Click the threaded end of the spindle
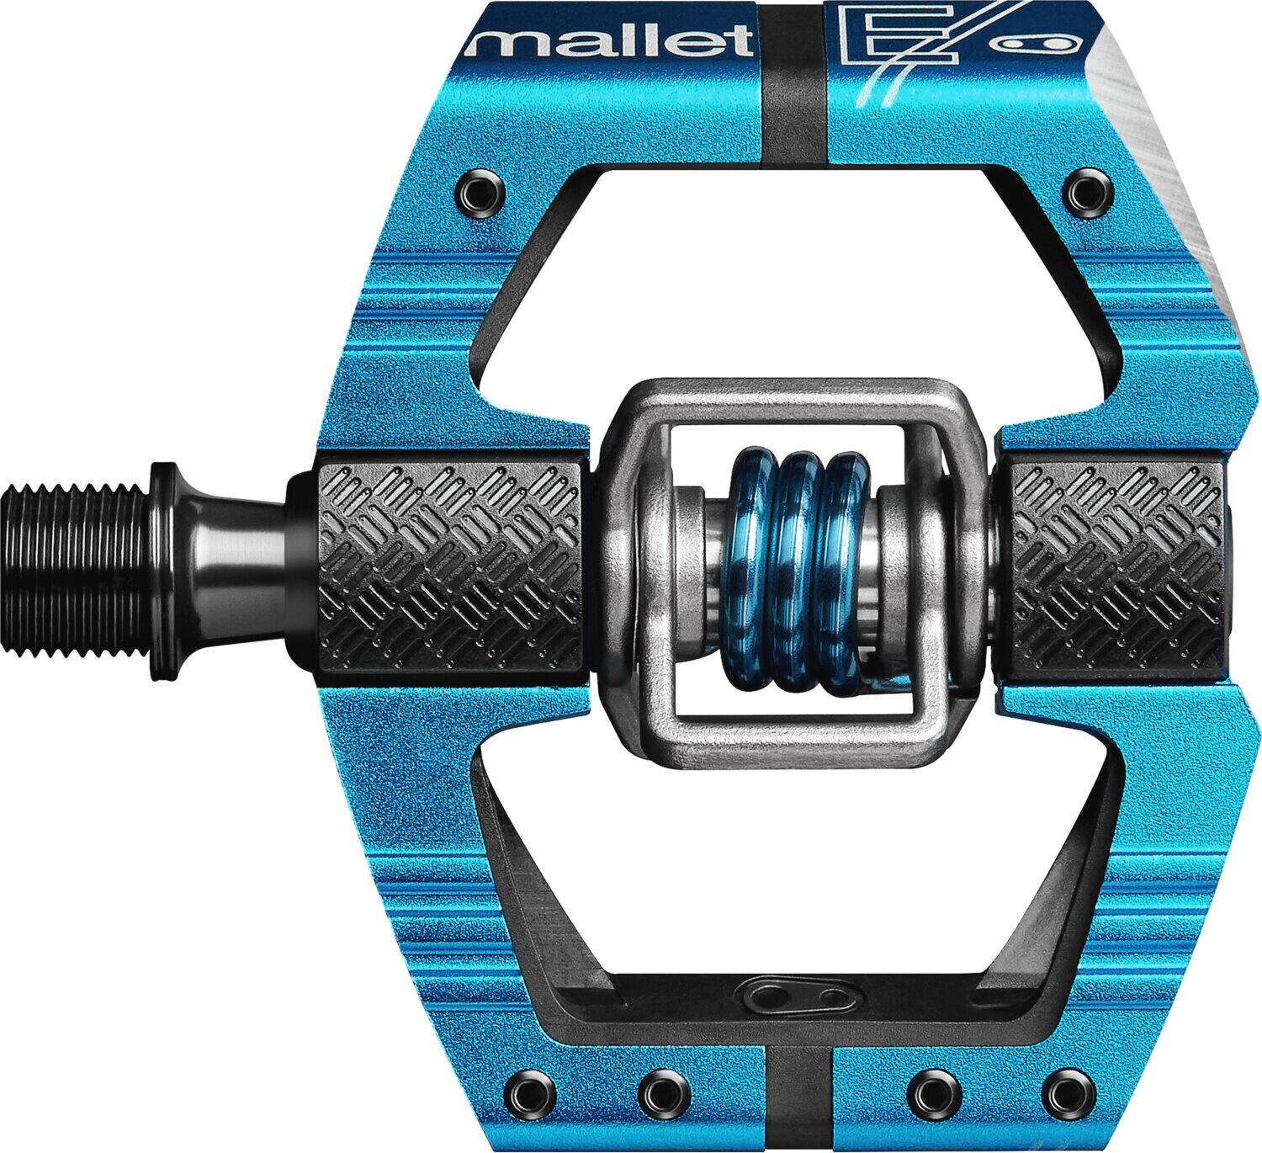tap(76, 570)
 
